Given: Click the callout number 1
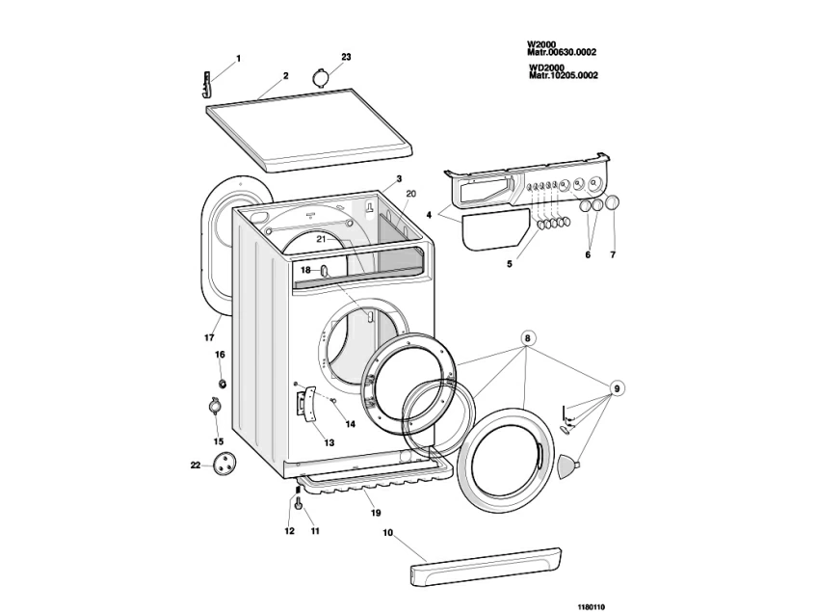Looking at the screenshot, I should tap(239, 59).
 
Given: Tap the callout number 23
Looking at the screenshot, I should tap(346, 57).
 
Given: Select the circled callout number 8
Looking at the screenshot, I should tap(528, 338).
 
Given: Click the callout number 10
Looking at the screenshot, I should tap(388, 532).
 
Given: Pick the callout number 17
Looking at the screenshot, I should tap(208, 337).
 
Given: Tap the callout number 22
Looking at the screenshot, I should tap(195, 465).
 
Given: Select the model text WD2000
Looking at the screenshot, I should tap(545, 67).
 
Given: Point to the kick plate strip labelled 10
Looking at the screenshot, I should tap(485, 565).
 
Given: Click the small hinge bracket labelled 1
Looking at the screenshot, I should tap(208, 84).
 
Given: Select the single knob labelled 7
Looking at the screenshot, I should tap(614, 204).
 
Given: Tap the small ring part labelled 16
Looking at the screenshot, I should tap(222, 384).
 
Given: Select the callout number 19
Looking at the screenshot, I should tap(376, 513).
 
